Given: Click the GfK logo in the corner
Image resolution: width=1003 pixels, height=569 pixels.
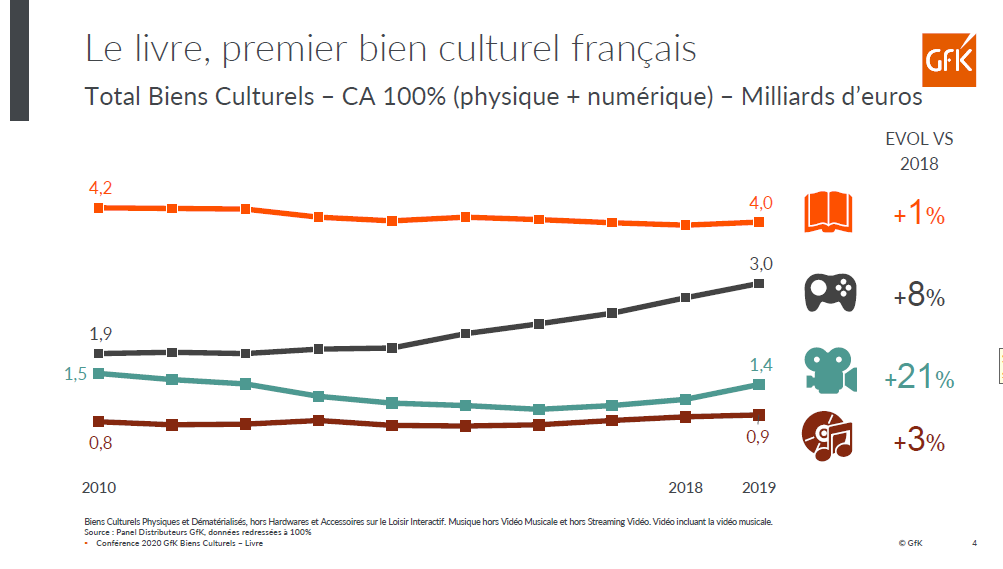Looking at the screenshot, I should tap(950, 59).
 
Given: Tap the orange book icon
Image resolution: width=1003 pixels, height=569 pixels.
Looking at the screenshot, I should tap(829, 213).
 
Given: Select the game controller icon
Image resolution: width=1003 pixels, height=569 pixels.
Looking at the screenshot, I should tap(830, 294).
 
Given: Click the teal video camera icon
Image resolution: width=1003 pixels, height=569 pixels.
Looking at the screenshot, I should tap(830, 371).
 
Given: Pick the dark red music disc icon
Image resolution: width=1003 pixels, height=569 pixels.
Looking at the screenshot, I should tap(828, 437).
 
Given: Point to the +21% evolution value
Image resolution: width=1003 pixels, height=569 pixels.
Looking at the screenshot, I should tap(919, 378).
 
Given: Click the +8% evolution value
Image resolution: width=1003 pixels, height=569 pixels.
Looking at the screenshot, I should tap(919, 297).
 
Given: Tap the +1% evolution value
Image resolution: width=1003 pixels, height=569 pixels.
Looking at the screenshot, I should tap(919, 214).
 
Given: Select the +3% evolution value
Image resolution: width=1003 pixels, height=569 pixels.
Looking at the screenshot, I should tap(919, 440).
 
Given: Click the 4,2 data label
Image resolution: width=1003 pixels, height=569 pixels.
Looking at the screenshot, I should tap(100, 187).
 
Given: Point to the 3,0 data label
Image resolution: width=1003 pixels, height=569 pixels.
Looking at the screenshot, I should tap(761, 264).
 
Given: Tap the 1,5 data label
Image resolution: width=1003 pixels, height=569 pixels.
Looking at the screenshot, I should tap(76, 373).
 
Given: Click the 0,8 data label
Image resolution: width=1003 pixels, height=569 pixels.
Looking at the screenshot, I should tap(100, 443).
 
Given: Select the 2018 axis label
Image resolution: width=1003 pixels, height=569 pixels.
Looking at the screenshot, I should tap(685, 488).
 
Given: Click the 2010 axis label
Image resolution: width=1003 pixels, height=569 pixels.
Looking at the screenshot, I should tap(99, 488).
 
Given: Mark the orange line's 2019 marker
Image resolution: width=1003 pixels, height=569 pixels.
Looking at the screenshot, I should tap(759, 222).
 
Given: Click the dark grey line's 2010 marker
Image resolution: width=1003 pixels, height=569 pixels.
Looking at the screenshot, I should tap(98, 354).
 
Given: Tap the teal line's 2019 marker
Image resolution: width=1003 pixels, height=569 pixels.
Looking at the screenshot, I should tap(759, 384).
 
